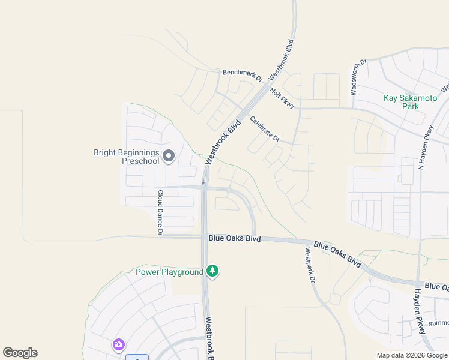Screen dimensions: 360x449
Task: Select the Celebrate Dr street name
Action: (x=265, y=128)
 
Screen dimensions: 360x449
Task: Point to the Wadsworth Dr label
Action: (x=358, y=77)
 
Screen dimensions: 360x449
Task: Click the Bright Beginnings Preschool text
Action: (x=126, y=157)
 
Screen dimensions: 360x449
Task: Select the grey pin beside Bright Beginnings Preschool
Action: (x=169, y=156)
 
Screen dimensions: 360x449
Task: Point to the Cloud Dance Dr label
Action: (x=160, y=212)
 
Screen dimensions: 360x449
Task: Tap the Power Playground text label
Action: (x=170, y=272)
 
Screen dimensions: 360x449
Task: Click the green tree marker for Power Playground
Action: (x=212, y=271)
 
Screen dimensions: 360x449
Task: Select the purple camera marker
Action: (x=118, y=344)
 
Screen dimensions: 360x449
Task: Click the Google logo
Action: (x=20, y=353)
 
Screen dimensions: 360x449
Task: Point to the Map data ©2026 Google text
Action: (x=411, y=355)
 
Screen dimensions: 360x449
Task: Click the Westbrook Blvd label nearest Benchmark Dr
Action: (x=282, y=61)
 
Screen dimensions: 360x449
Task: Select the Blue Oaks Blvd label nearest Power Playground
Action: (x=235, y=238)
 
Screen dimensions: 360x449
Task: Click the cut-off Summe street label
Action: (x=439, y=323)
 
